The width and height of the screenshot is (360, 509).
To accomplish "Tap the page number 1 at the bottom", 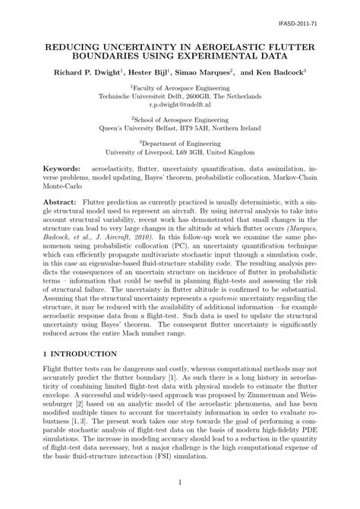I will [x=180, y=482].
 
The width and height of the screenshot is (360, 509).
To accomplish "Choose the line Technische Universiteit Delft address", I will [x=179, y=96].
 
